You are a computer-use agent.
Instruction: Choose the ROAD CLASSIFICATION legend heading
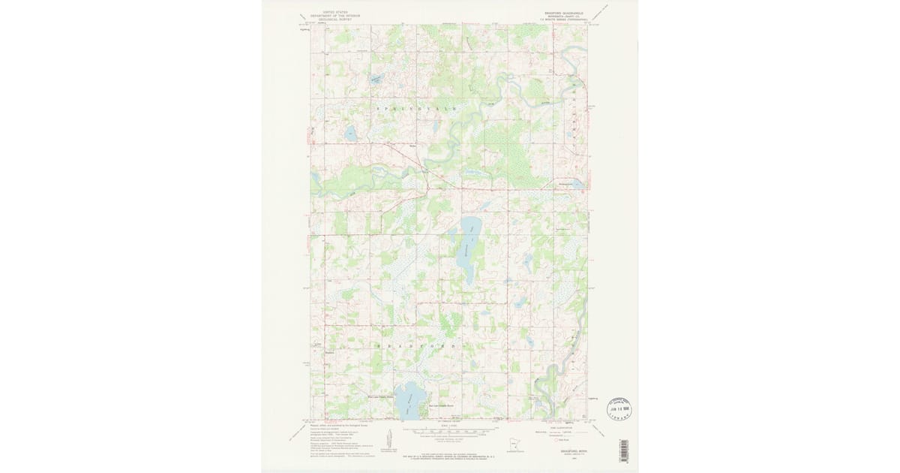click(559, 425)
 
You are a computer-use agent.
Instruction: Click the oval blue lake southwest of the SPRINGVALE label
click(349, 135)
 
